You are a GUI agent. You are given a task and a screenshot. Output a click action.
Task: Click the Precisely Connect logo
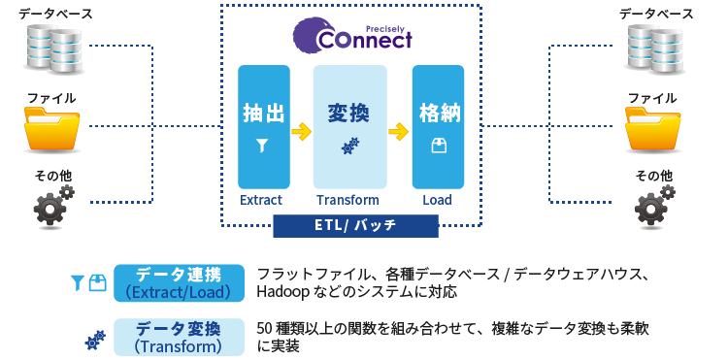[x=353, y=36]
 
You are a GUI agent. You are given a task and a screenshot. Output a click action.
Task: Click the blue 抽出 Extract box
[x=263, y=126]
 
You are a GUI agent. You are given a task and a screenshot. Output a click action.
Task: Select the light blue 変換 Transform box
[x=348, y=126]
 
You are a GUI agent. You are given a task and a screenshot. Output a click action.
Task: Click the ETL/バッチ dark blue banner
[x=354, y=226]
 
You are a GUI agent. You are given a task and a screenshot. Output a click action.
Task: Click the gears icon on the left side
[x=52, y=206]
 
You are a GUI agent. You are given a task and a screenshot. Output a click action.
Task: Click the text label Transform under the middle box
[x=347, y=201]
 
